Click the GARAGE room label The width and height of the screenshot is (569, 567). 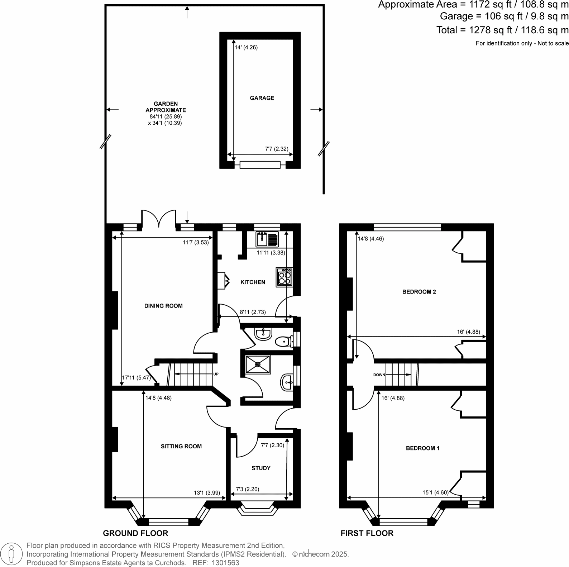pos(262,98)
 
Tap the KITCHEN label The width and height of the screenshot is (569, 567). pos(253,282)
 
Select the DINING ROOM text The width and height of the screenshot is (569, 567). pos(163,306)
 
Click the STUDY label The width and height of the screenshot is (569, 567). pos(261,468)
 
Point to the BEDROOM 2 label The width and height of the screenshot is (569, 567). pos(419,292)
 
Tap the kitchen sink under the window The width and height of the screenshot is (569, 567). pos(267,239)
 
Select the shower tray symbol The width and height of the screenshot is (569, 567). pos(258,364)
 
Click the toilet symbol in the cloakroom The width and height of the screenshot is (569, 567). pos(285,342)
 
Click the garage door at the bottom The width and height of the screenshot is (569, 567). pos(260,165)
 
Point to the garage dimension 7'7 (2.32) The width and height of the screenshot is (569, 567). pos(277,149)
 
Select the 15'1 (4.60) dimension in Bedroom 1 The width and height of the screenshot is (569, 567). pos(435,492)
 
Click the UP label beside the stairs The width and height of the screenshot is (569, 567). pos(216,374)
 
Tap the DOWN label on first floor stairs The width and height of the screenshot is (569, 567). pos(379,375)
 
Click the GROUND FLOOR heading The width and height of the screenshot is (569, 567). pos(135,533)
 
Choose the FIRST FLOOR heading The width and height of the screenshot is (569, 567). pos(367,533)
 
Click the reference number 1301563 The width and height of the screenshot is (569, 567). pos(226,563)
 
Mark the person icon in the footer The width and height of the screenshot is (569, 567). pos(12,554)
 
